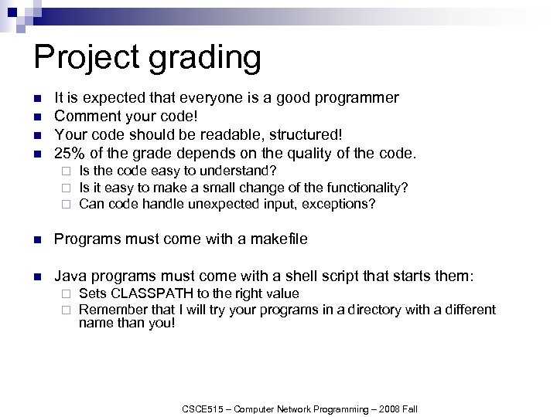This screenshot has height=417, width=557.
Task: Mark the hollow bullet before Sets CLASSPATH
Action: (67, 294)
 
